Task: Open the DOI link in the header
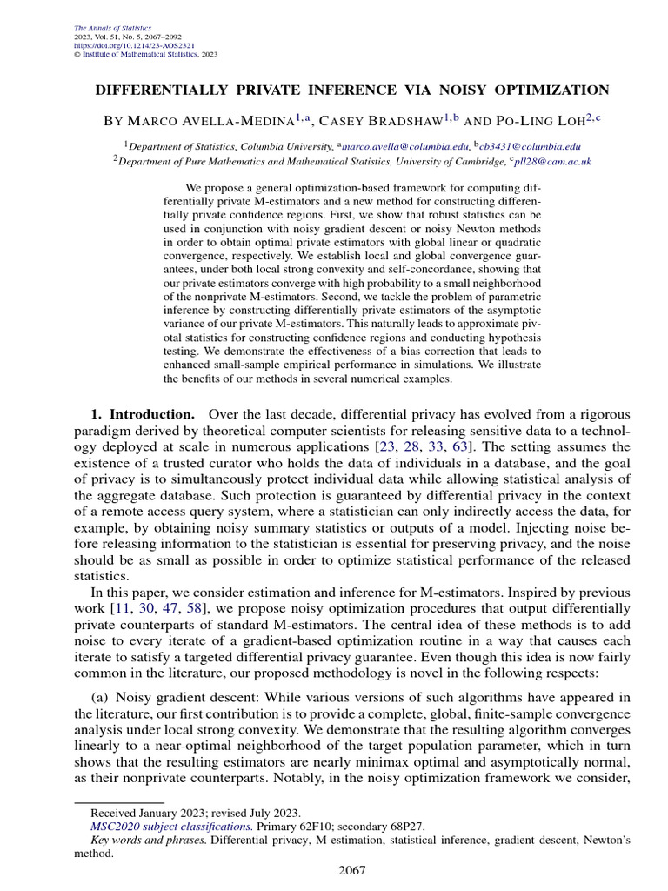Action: click(x=124, y=45)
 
